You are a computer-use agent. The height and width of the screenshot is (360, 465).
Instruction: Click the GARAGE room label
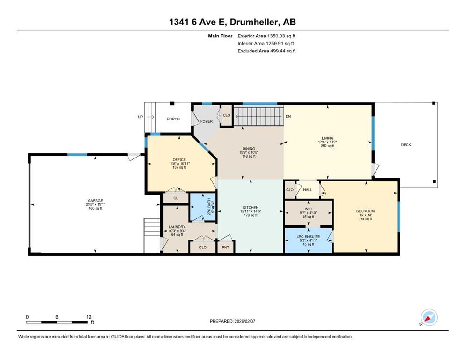pos(95,201)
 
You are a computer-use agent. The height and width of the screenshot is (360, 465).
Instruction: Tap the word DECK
pos(406,145)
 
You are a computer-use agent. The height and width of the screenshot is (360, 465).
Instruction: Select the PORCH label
pos(173,119)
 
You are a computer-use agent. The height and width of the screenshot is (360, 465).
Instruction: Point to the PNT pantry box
pos(225,247)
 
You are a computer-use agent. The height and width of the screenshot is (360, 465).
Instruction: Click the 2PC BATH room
pos(203,207)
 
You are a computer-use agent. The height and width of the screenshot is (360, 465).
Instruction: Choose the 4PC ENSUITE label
pos(308,237)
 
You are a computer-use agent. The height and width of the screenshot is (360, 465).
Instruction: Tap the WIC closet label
pos(308,209)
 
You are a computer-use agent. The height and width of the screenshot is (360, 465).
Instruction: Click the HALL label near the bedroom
pos(308,190)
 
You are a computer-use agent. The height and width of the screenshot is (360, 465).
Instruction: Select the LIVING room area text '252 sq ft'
pos(328,146)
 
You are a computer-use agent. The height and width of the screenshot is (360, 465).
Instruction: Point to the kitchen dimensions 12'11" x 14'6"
pos(251,211)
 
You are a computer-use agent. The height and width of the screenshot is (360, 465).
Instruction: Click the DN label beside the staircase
pos(288,117)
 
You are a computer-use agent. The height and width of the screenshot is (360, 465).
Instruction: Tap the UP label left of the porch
pos(140,117)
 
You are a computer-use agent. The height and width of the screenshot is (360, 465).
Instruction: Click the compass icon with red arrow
pos(429,317)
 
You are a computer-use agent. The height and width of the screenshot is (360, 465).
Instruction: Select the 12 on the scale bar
pos(89,317)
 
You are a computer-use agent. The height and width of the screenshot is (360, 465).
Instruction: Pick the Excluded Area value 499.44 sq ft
pos(283,51)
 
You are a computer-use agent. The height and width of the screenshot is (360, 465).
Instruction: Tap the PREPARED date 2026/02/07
pos(244,321)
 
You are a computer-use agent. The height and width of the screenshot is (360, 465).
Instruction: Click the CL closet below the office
pos(176,198)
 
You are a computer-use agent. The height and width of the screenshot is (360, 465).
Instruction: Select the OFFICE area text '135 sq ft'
pos(179,167)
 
